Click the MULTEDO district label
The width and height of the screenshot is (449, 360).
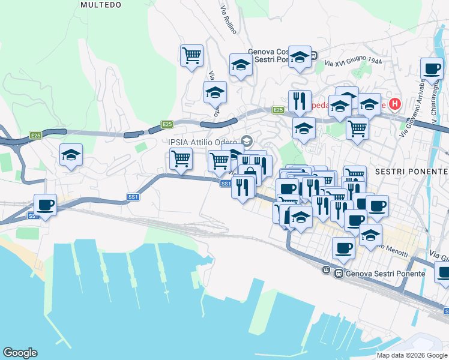[101, 5]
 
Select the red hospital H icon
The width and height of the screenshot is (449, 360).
[394, 104]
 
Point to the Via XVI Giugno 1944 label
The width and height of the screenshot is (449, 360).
[354, 62]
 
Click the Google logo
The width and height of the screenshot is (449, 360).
[20, 353]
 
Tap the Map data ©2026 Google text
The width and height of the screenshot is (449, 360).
[411, 355]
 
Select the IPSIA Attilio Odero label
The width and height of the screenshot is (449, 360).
[202, 142]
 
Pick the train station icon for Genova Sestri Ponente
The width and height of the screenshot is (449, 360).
[339, 274]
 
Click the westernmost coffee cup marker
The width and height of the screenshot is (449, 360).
[45, 204]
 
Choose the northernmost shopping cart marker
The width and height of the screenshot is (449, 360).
[191, 55]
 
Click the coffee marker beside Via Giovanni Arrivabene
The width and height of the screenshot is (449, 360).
[432, 68]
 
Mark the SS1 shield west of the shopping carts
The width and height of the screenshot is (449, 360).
[133, 196]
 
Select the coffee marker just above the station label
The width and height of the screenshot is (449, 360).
[344, 247]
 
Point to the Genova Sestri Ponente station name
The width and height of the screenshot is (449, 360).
[385, 274]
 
